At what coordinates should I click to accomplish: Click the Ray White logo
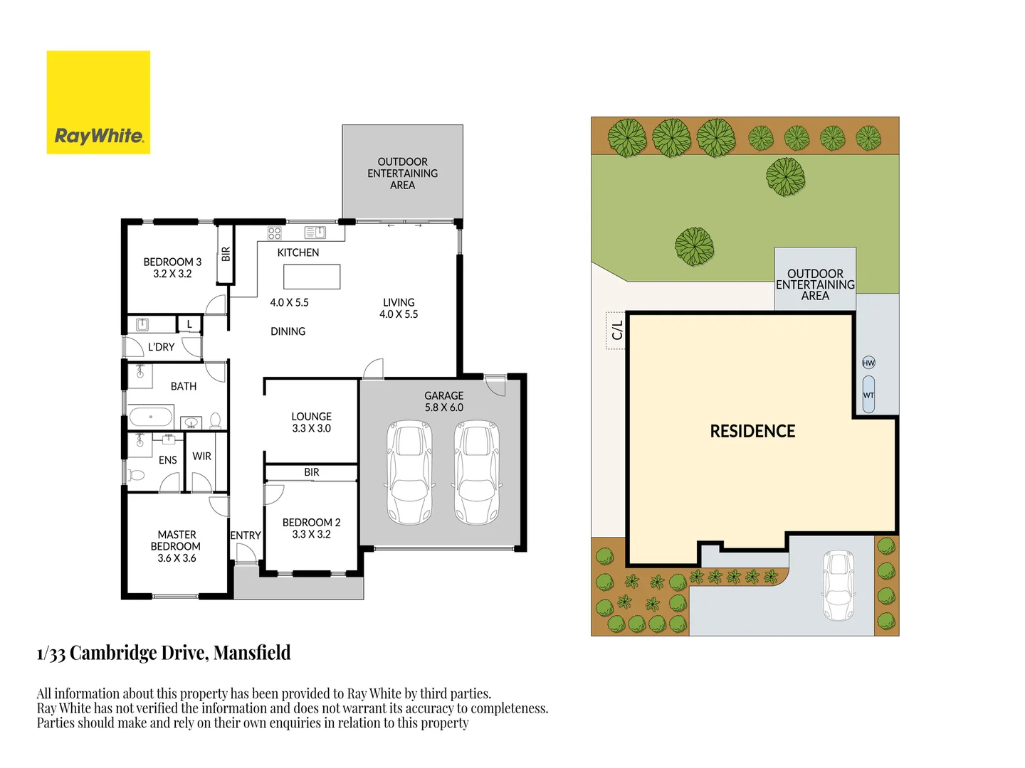(98, 102)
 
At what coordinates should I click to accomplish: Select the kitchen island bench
(312, 277)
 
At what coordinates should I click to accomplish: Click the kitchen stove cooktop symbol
(275, 233)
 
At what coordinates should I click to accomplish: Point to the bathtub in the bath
(151, 417)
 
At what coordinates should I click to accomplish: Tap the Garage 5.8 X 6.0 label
(443, 402)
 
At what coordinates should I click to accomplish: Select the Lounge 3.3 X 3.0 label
(311, 422)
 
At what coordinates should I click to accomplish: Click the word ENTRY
(246, 535)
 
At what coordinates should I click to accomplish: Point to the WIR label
(201, 457)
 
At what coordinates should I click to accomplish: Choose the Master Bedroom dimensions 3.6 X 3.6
(177, 558)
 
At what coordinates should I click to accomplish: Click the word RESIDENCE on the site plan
(752, 432)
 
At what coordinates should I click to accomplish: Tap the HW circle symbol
(868, 363)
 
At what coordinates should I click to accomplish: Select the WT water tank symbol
(868, 395)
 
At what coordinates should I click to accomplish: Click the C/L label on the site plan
(617, 330)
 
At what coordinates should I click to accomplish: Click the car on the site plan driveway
(839, 585)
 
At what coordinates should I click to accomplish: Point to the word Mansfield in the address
(252, 653)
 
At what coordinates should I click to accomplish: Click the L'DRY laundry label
(161, 347)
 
